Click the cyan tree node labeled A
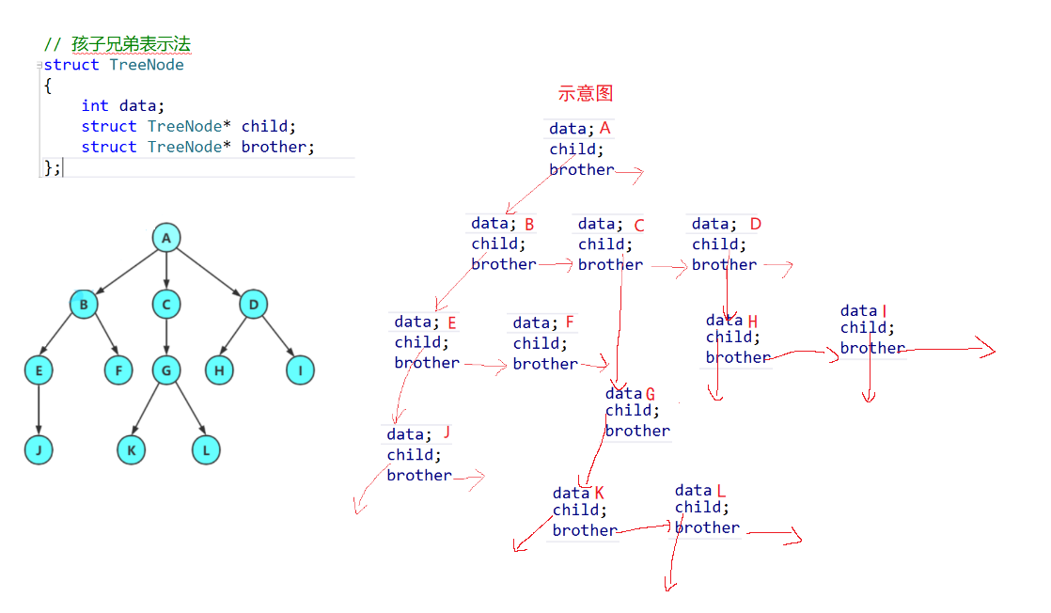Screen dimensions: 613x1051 pos(166,238)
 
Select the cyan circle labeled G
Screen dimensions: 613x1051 pos(166,370)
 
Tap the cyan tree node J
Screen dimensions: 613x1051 pos(39,450)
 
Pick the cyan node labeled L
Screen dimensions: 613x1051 pos(206,450)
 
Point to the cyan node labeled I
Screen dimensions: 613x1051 pos(300,370)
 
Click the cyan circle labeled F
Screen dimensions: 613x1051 pos(118,370)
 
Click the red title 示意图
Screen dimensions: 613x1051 pos(585,93)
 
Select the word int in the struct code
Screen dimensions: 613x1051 pos(95,106)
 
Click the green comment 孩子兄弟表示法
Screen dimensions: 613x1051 pos(132,45)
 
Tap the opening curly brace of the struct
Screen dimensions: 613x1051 pos(46,86)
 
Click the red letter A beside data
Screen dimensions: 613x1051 pos(604,128)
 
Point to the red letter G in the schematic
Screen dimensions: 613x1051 pos(650,394)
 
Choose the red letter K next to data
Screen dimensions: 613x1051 pos(599,493)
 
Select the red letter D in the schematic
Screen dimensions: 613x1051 pos(755,224)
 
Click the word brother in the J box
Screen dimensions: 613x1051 pos(419,476)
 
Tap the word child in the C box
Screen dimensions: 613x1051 pos(602,244)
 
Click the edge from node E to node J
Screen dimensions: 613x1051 pos(39,410)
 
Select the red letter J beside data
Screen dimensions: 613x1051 pos(447,432)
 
